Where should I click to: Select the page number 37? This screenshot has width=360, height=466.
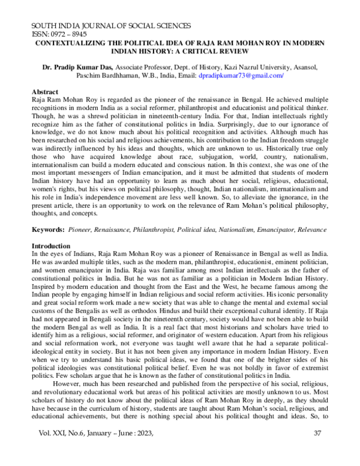coord(318,450)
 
